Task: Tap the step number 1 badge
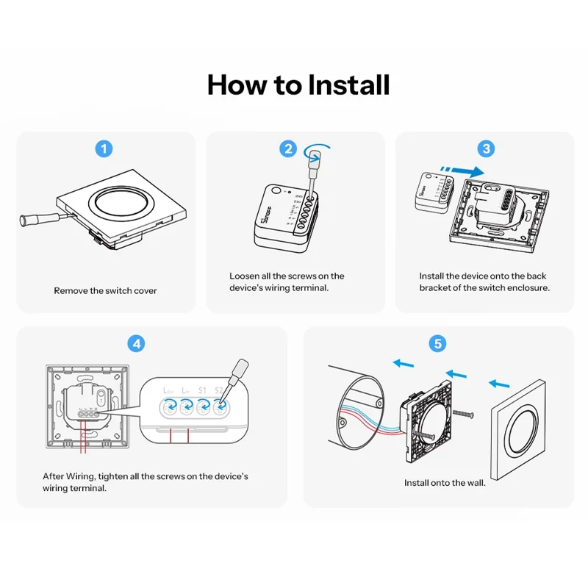[x=106, y=148]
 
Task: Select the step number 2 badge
[x=288, y=148]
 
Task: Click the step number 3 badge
[x=486, y=148]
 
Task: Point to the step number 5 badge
[x=437, y=343]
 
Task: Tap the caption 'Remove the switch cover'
[x=105, y=291]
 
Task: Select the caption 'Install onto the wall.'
[x=445, y=483]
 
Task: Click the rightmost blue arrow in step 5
[x=499, y=383]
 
